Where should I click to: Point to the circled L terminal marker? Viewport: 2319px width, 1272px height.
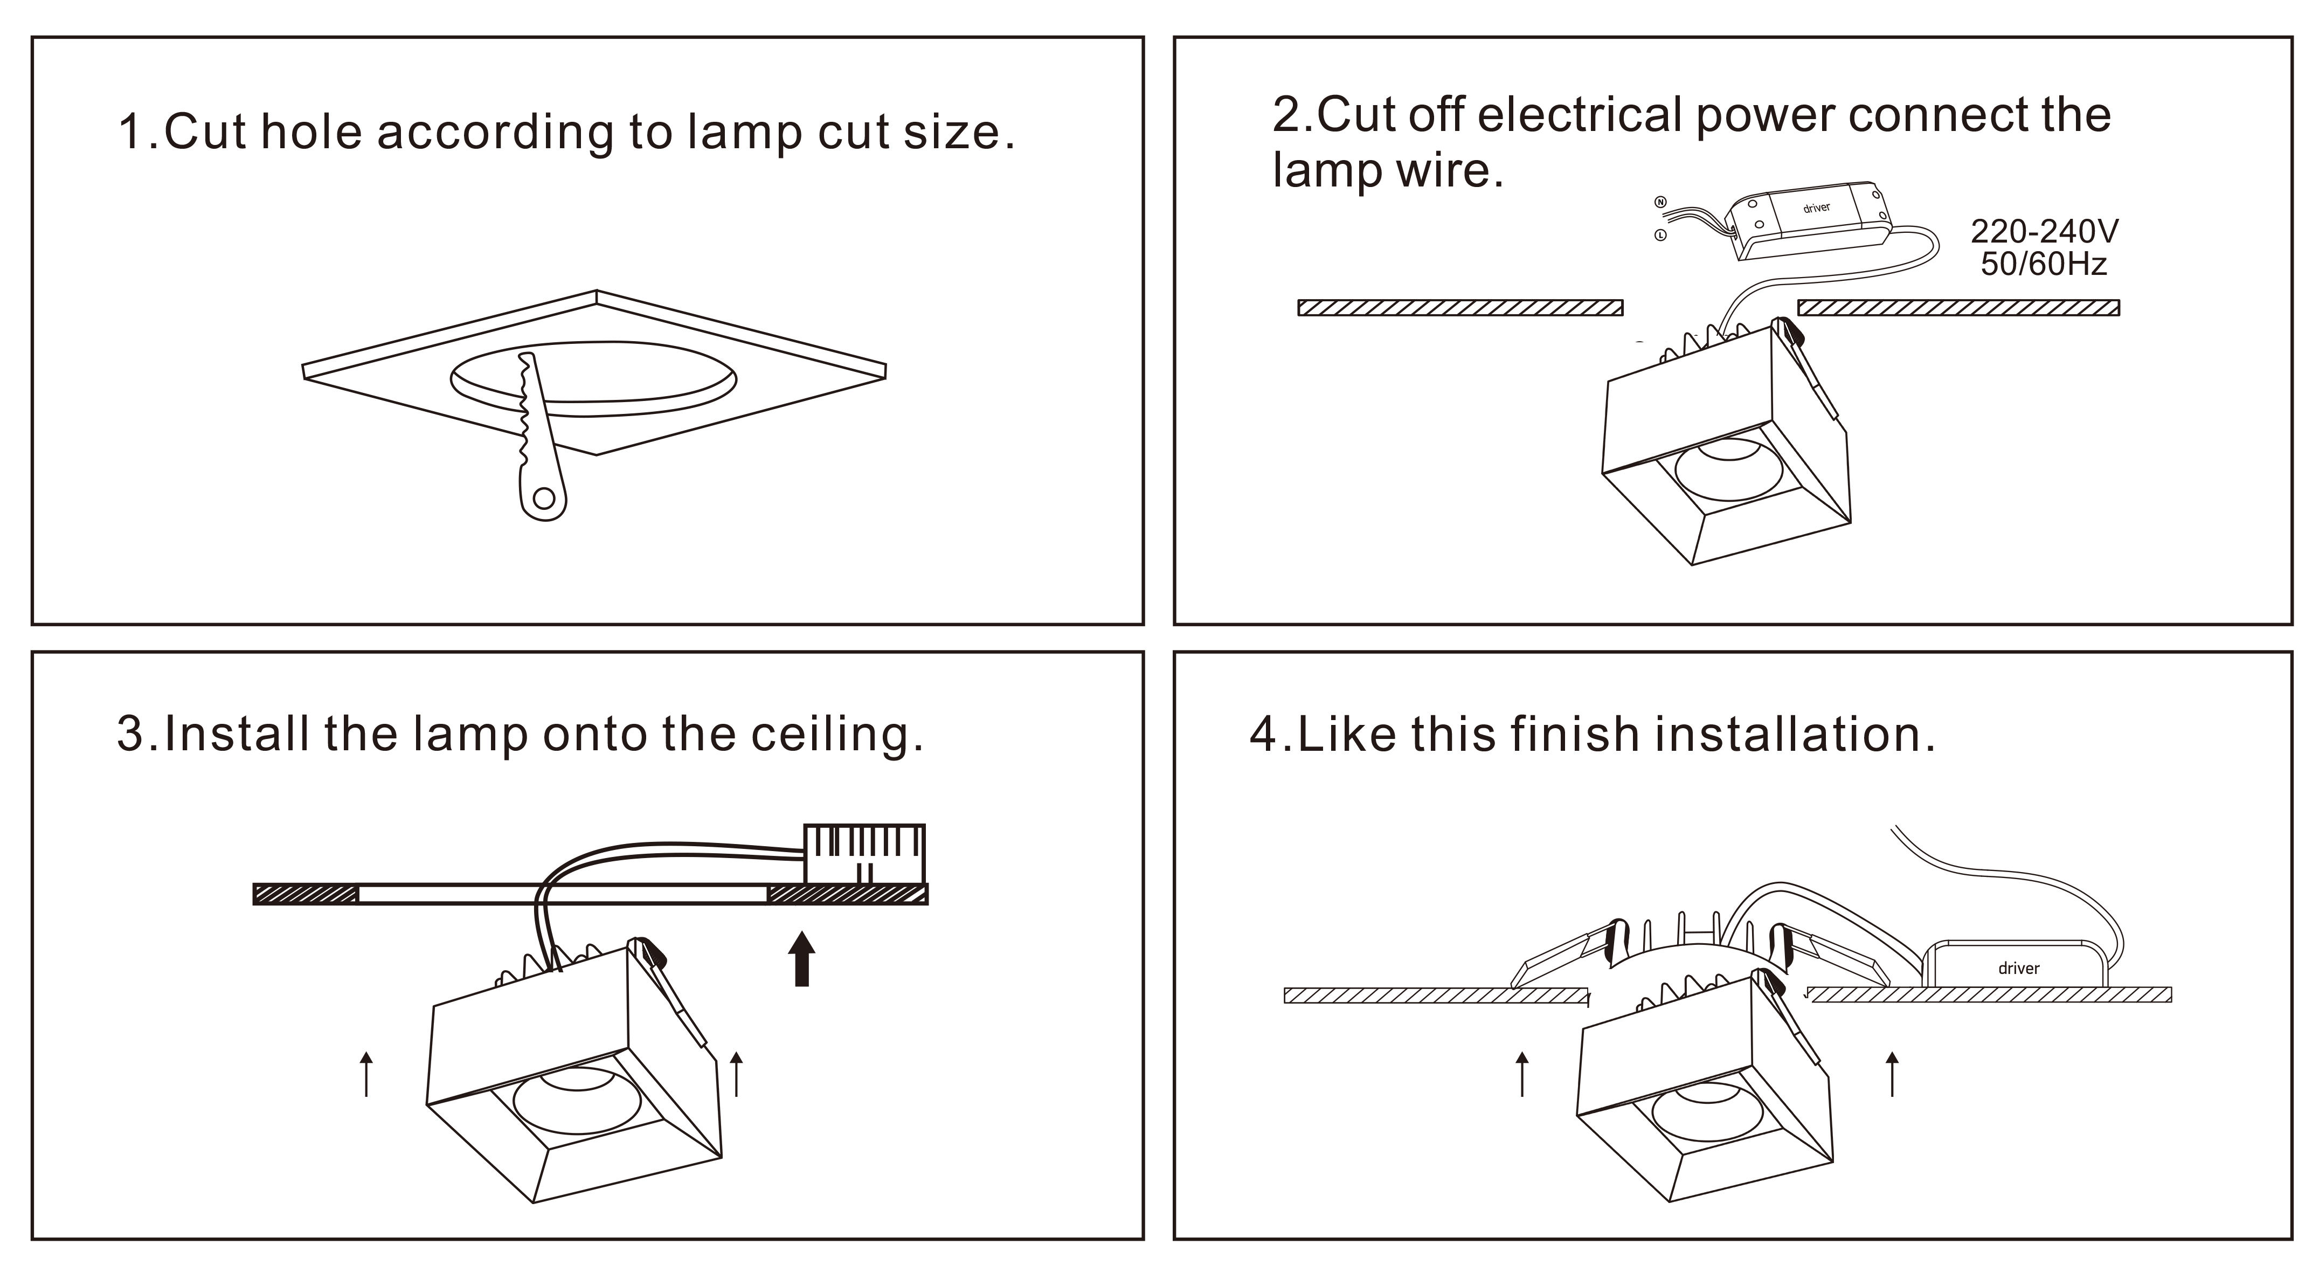[1661, 236]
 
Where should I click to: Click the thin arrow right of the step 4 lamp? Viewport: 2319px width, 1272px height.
[1892, 1074]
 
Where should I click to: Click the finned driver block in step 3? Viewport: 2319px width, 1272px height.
[864, 853]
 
